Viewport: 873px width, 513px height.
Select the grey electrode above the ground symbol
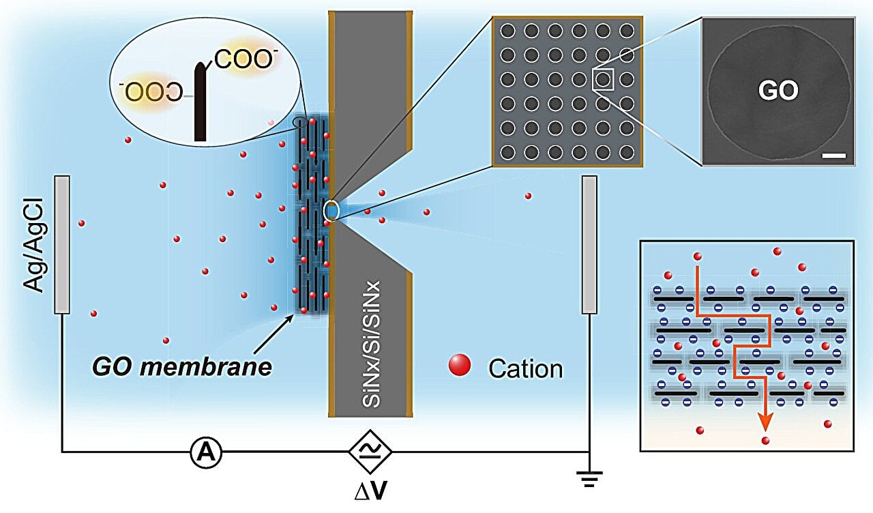click(589, 244)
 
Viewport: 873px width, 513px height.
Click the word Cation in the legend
click(525, 369)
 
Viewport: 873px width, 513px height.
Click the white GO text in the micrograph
click(778, 90)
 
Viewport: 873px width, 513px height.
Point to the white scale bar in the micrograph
click(834, 156)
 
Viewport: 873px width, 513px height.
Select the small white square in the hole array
click(604, 79)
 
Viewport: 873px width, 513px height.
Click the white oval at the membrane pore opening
click(331, 211)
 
